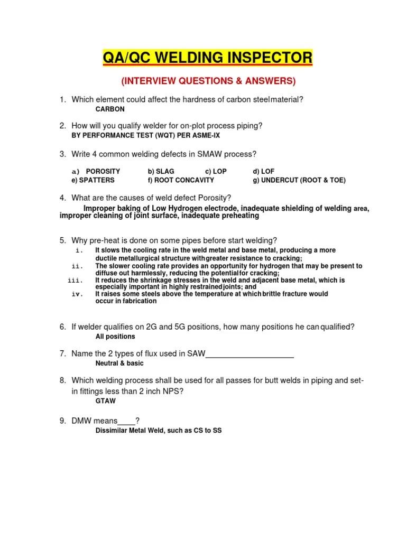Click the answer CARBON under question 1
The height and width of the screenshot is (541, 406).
pyautogui.click(x=110, y=109)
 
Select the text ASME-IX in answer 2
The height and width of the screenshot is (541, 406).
pyautogui.click(x=206, y=135)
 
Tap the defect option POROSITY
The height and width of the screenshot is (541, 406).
pyautogui.click(x=103, y=171)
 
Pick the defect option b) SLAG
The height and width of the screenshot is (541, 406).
pyautogui.click(x=161, y=171)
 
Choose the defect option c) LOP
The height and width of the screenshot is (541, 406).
pyautogui.click(x=216, y=171)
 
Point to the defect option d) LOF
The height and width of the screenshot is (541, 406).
pyautogui.click(x=264, y=171)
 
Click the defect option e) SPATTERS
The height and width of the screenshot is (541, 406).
pyautogui.click(x=93, y=180)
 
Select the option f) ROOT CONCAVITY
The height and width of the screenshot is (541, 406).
pyautogui.click(x=181, y=180)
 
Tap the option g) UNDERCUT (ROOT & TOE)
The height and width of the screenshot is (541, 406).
pyautogui.click(x=299, y=180)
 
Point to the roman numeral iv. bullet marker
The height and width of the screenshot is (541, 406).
pyautogui.click(x=78, y=294)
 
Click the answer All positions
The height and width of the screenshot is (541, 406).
pyautogui.click(x=115, y=337)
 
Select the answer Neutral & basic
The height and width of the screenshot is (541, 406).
pyautogui.click(x=119, y=363)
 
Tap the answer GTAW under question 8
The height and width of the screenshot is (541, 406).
pyautogui.click(x=106, y=401)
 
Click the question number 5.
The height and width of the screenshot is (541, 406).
pyautogui.click(x=62, y=240)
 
